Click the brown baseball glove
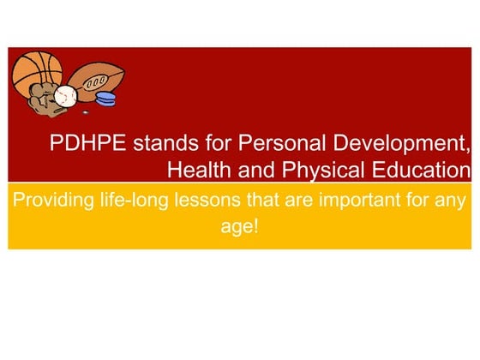tap(41, 101)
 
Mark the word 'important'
tap(355, 202)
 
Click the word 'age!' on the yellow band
tap(239, 229)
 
